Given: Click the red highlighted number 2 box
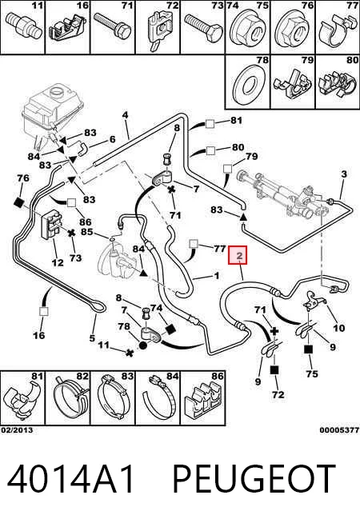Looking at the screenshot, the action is [x=238, y=255].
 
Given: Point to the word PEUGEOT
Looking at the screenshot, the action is [x=254, y=479].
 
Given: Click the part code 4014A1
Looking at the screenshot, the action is [x=70, y=479].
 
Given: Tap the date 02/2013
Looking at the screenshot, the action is [x=17, y=430].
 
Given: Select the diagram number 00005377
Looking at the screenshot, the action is [x=340, y=430].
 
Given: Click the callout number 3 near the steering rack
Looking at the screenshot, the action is [x=344, y=174].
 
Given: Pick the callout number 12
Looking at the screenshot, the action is [x=58, y=262].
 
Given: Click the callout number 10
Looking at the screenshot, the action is [x=338, y=328].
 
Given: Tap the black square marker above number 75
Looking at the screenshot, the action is [x=308, y=349].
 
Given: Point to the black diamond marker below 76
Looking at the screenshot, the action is [x=19, y=202].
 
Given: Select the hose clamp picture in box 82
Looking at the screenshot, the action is [x=70, y=400].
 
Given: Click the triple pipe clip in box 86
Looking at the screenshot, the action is [x=203, y=401].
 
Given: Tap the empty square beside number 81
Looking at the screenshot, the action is [x=210, y=124].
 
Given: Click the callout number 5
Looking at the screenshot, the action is [x=92, y=338].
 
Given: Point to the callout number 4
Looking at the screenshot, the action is [x=125, y=115].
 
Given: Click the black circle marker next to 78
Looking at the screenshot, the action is [x=142, y=345].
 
